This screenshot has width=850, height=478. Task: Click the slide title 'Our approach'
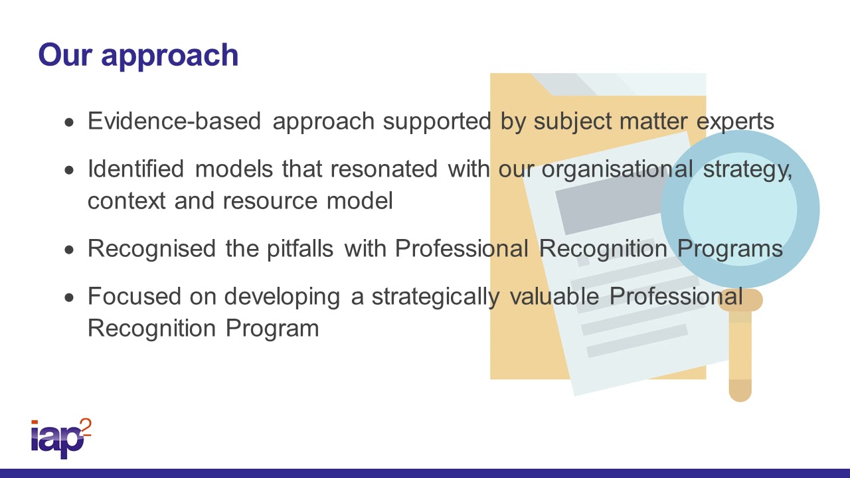[138, 54]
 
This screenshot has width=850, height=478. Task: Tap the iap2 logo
[60, 438]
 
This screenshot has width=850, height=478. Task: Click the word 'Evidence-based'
[174, 121]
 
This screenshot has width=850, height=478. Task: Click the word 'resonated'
[384, 169]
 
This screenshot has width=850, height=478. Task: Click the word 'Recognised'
[149, 248]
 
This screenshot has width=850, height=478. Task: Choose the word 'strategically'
[435, 297]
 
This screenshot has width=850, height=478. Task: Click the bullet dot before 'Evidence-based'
[70, 123]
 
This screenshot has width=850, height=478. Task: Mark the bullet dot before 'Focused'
[70, 297]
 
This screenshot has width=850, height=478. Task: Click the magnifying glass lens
[740, 209]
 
